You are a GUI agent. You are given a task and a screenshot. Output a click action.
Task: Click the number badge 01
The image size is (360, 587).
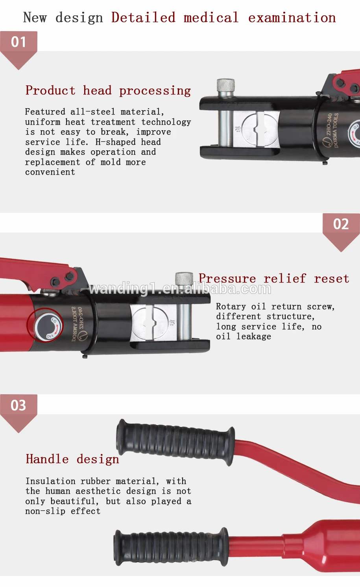[18, 42]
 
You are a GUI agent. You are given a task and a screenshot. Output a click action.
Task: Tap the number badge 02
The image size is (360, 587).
[341, 224]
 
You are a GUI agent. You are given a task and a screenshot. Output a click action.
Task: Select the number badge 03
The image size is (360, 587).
[18, 405]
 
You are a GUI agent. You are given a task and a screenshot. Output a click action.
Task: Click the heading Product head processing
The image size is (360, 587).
[108, 90]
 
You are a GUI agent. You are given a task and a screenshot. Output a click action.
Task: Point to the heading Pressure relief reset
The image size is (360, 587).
[274, 279]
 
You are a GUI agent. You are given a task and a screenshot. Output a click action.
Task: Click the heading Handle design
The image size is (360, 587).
[72, 459]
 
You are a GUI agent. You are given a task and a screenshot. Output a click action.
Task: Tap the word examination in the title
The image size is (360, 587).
[292, 18]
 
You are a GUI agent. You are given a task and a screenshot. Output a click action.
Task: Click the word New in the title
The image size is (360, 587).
[35, 18]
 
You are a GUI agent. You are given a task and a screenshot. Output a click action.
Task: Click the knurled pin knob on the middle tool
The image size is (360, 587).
[184, 279]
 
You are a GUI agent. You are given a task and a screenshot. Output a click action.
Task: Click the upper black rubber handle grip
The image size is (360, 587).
[175, 441]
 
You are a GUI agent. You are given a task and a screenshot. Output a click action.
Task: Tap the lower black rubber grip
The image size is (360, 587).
[171, 547]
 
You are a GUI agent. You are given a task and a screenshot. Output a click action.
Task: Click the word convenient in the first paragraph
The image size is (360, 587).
[50, 172]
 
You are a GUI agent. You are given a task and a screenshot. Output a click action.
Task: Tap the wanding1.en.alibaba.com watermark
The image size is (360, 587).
[180, 289]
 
